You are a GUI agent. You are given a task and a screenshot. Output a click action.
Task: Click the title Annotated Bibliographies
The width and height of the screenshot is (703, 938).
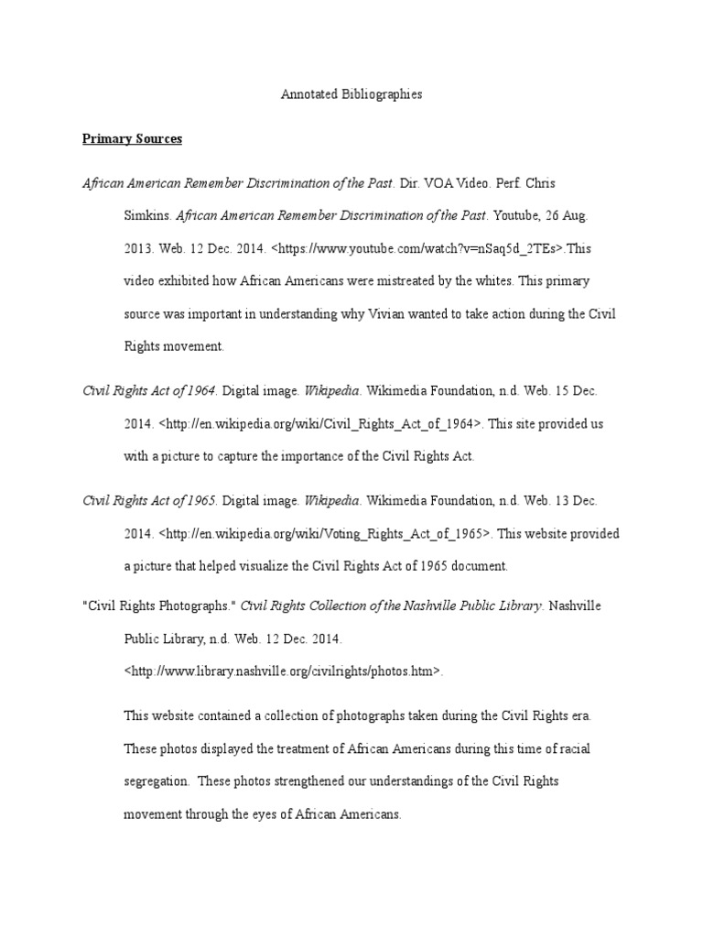pos(351,94)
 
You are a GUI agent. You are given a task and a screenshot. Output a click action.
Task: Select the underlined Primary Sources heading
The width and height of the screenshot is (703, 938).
pos(132,139)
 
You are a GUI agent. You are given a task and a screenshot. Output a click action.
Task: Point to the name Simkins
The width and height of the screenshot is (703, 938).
pos(146,216)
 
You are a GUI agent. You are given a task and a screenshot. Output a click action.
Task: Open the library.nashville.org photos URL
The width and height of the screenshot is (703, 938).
pos(283,671)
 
